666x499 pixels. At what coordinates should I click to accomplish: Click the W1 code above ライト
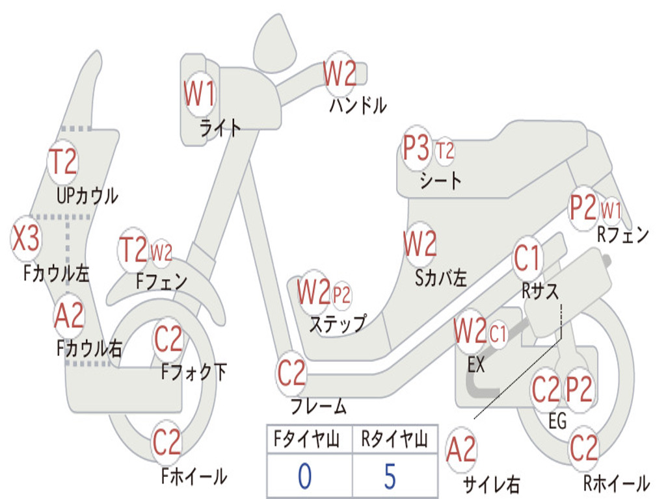click(x=199, y=96)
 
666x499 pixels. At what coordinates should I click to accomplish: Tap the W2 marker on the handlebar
click(x=340, y=74)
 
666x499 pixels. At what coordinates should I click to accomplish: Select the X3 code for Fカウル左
click(x=26, y=239)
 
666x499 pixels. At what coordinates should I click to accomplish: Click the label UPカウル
click(x=87, y=195)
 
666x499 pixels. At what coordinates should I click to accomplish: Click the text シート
click(x=440, y=181)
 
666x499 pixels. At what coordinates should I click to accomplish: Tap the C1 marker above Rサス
click(x=527, y=259)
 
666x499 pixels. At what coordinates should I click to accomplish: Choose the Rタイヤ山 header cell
click(x=394, y=441)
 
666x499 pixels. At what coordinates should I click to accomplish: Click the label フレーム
click(x=319, y=407)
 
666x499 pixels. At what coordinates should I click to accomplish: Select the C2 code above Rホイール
click(x=583, y=447)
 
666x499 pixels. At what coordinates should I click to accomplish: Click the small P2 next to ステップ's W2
click(x=341, y=296)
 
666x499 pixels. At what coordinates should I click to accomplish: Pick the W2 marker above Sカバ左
click(x=420, y=244)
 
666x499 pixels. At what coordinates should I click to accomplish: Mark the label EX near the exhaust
click(x=476, y=365)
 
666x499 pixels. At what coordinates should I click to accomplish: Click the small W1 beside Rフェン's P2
click(x=611, y=211)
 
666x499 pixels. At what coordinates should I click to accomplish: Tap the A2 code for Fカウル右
click(x=69, y=316)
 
